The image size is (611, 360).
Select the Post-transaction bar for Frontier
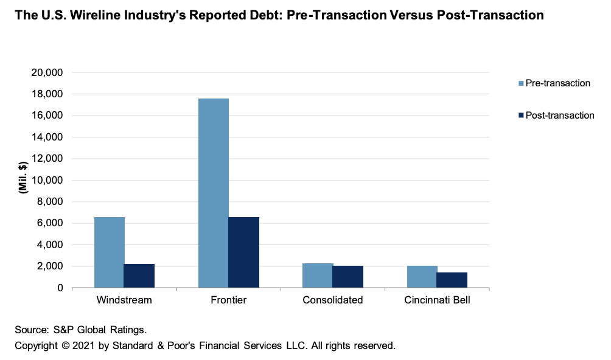[x=243, y=252]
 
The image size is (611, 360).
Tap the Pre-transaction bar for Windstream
[x=109, y=252]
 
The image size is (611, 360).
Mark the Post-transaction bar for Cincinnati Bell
[x=452, y=280]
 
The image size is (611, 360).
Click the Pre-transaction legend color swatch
[x=520, y=83]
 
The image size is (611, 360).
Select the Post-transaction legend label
[x=559, y=116]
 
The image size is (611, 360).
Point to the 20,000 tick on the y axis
[x=47, y=72]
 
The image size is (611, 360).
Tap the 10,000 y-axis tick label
[x=47, y=180]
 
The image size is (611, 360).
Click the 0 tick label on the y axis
[x=60, y=288]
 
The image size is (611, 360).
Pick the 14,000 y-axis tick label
[x=47, y=137]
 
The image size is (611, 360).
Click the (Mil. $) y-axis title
[x=23, y=180]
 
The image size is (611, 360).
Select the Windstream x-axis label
[x=124, y=300]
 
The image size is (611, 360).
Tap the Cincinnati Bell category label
[x=437, y=300]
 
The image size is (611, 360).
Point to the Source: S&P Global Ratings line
[x=81, y=330]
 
